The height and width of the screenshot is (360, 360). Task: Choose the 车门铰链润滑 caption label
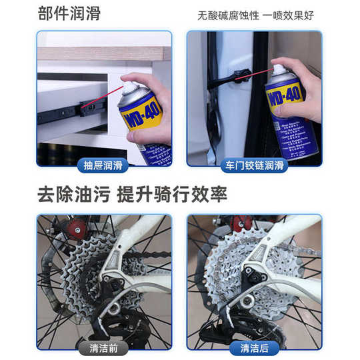254,165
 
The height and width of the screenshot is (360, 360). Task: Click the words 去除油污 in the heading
73,195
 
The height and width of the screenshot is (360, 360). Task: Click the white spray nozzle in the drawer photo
127,85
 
